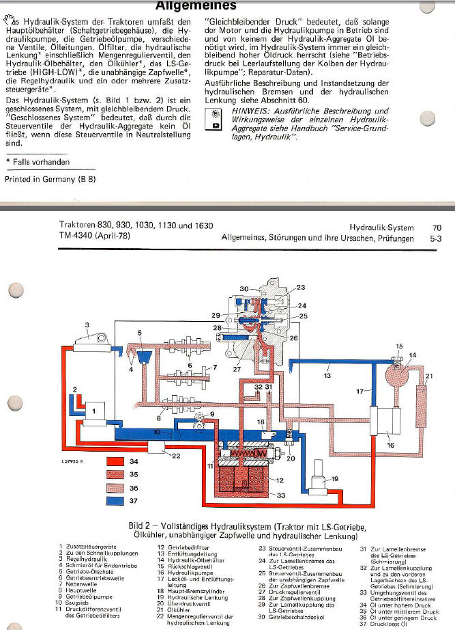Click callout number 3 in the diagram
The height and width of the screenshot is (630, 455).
(87, 325)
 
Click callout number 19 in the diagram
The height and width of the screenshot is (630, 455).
(334, 480)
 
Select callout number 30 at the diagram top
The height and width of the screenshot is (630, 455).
(244, 289)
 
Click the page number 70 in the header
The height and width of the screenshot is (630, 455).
(437, 226)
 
